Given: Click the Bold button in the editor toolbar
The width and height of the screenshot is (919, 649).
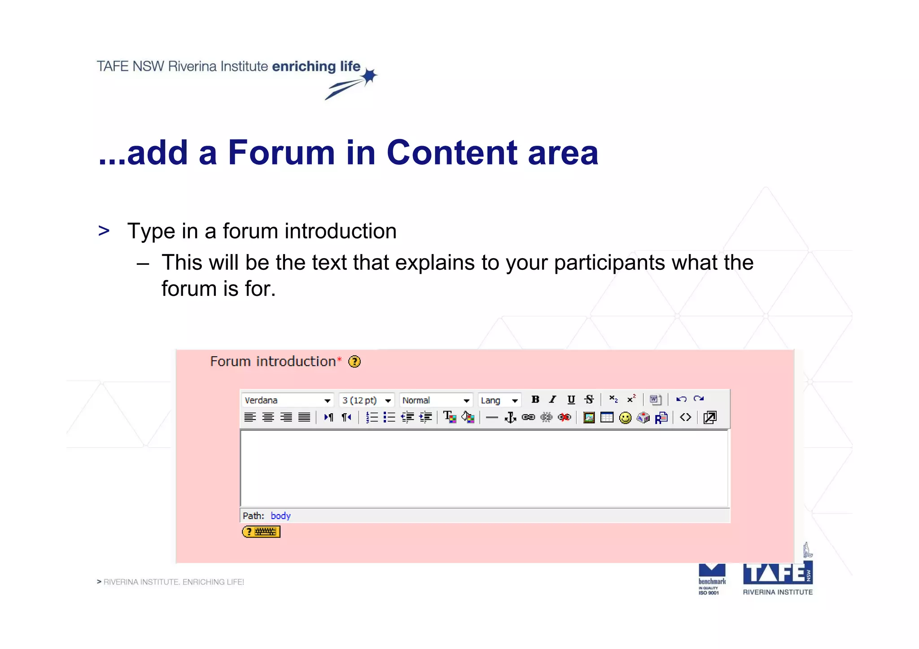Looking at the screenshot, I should coord(535,399).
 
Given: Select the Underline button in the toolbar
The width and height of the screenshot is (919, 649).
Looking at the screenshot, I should coord(571,399).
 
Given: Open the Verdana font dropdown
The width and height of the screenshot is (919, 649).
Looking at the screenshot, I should coord(288,400).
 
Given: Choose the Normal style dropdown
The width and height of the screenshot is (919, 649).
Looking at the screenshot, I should coord(436,400).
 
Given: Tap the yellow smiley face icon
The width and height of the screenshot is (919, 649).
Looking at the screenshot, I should coord(625,418).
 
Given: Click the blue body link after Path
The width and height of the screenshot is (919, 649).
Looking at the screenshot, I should coord(280,515).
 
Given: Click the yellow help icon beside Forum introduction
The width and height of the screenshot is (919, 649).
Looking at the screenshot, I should coord(354,361).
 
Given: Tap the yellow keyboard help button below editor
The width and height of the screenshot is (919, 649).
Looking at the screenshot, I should coord(261,532).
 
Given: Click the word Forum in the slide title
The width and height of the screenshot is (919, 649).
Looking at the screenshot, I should coord(281,152).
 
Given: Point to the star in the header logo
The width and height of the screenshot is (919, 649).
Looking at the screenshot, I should coord(369,77).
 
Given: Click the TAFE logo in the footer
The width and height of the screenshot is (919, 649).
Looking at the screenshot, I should coord(777,574).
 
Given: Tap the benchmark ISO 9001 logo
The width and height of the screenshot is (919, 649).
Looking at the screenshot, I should coord(712,579).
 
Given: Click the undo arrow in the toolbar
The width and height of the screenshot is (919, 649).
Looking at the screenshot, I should coord(681,399).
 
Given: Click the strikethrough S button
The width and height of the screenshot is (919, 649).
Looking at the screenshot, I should coord(589,399).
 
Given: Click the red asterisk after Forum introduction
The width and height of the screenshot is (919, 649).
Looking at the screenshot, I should coord(339,359).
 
